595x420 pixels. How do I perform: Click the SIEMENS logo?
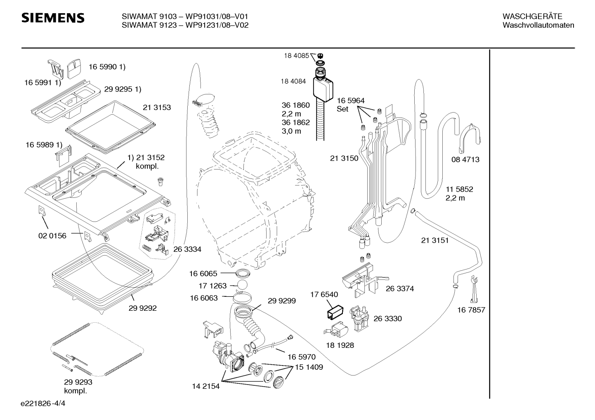(x=53, y=18)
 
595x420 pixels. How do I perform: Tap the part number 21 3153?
(x=157, y=108)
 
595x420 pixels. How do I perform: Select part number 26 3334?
(x=187, y=249)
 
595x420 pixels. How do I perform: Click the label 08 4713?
(x=465, y=160)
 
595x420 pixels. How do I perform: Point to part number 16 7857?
(x=471, y=310)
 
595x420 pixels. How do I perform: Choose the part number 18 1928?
(x=340, y=345)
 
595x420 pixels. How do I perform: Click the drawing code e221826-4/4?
(x=43, y=404)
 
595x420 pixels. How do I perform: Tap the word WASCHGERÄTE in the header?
(x=532, y=16)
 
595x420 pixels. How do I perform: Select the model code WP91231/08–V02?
(x=217, y=25)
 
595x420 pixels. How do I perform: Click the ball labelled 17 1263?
(x=242, y=285)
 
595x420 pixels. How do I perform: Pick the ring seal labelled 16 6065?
(x=243, y=272)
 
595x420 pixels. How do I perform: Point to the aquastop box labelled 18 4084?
(x=323, y=89)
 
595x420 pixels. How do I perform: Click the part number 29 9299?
(x=281, y=301)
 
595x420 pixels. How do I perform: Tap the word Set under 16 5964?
(x=342, y=109)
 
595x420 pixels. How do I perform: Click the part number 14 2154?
(x=206, y=386)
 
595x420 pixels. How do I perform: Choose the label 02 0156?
(x=52, y=236)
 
